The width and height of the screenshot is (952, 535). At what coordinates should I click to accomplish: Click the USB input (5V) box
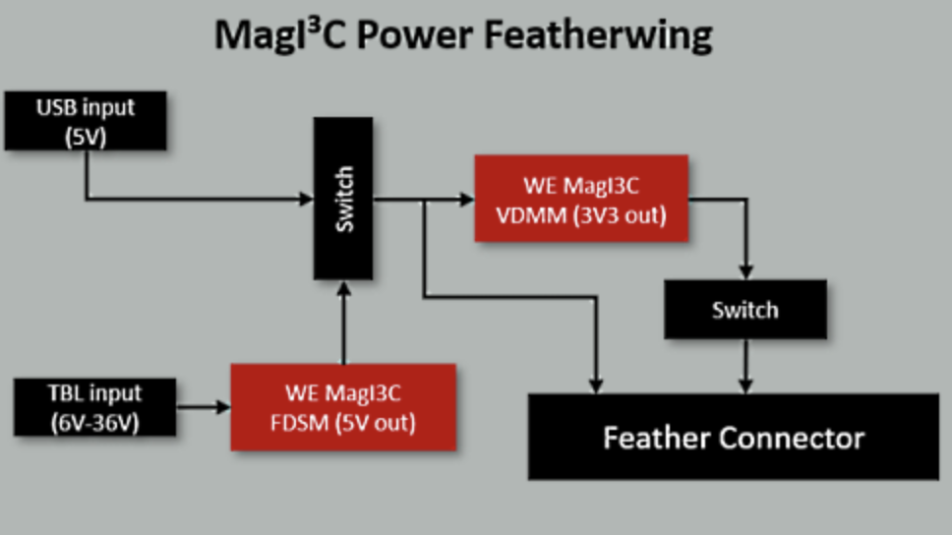tap(86, 121)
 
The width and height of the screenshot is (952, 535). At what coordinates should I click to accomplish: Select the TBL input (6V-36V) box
tap(95, 407)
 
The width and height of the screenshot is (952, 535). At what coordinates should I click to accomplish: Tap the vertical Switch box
tap(343, 199)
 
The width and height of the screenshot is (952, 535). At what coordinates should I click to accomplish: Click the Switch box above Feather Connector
tap(745, 309)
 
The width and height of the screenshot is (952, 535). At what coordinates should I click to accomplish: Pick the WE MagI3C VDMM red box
tap(581, 199)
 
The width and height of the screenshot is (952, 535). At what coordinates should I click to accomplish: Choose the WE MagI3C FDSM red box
tap(343, 407)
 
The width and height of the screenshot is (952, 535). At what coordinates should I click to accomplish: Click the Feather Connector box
tap(734, 437)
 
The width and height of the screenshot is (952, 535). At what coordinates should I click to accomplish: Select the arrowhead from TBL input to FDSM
tap(223, 407)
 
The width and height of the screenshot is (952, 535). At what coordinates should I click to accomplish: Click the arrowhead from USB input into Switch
tap(307, 199)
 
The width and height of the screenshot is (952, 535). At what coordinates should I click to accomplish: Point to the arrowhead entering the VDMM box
tap(467, 199)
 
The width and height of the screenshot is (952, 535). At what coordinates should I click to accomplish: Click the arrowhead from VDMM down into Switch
tap(746, 272)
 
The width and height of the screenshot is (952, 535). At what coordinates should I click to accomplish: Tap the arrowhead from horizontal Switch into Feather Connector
tap(746, 386)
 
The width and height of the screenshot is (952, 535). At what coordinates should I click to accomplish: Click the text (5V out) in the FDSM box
tap(376, 423)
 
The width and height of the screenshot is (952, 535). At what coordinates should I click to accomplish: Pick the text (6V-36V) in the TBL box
tap(95, 423)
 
